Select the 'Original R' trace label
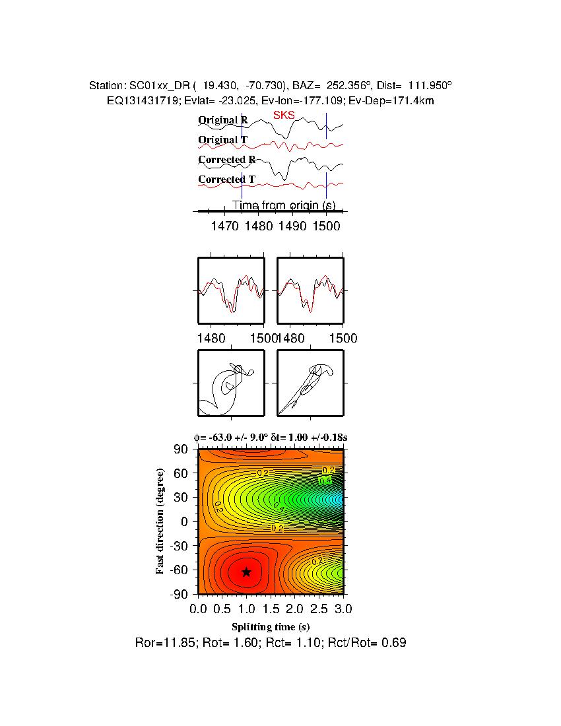pos(223,121)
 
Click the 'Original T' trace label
pos(223,140)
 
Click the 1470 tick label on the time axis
pos(225,226)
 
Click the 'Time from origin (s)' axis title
pos(284,205)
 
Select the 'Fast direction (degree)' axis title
pos(160,521)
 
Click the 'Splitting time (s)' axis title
pos(271,626)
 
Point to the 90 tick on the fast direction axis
pos(183,449)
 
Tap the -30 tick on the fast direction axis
pos(180,546)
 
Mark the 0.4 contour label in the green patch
pos(325,481)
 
